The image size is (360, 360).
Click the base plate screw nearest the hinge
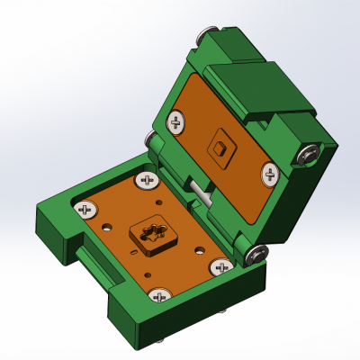tap(147, 181)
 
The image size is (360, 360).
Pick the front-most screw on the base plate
tap(160, 295)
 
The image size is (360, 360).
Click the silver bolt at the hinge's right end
tap(257, 254)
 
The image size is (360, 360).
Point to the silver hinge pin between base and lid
tap(200, 191)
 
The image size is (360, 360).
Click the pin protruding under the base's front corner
tap(159, 339)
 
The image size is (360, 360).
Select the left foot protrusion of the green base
tap(54, 234)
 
